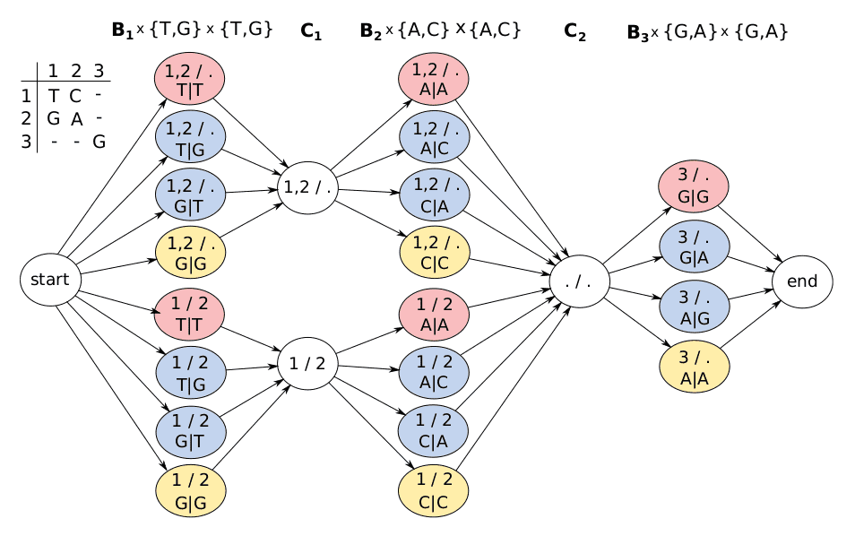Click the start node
coord(50,280)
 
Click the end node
coord(801,281)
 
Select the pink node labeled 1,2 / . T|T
coord(190,78)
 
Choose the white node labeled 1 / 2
coord(308,364)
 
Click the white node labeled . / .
coord(580,281)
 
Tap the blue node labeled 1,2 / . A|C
coord(434,136)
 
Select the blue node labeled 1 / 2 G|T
coord(190,429)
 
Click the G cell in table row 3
coord(99,141)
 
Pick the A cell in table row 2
coord(76,117)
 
